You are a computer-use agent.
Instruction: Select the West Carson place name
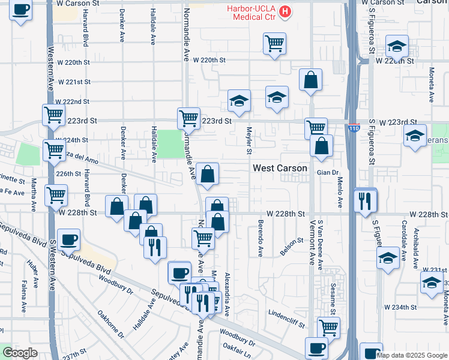click(280, 169)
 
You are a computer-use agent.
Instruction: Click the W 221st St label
click(74, 82)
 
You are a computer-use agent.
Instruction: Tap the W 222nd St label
click(74, 102)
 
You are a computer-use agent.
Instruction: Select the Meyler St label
click(249, 140)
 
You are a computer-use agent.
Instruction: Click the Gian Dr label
click(328, 172)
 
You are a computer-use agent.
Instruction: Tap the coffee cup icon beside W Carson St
click(21, 10)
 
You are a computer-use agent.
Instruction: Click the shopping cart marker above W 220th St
click(274, 43)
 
